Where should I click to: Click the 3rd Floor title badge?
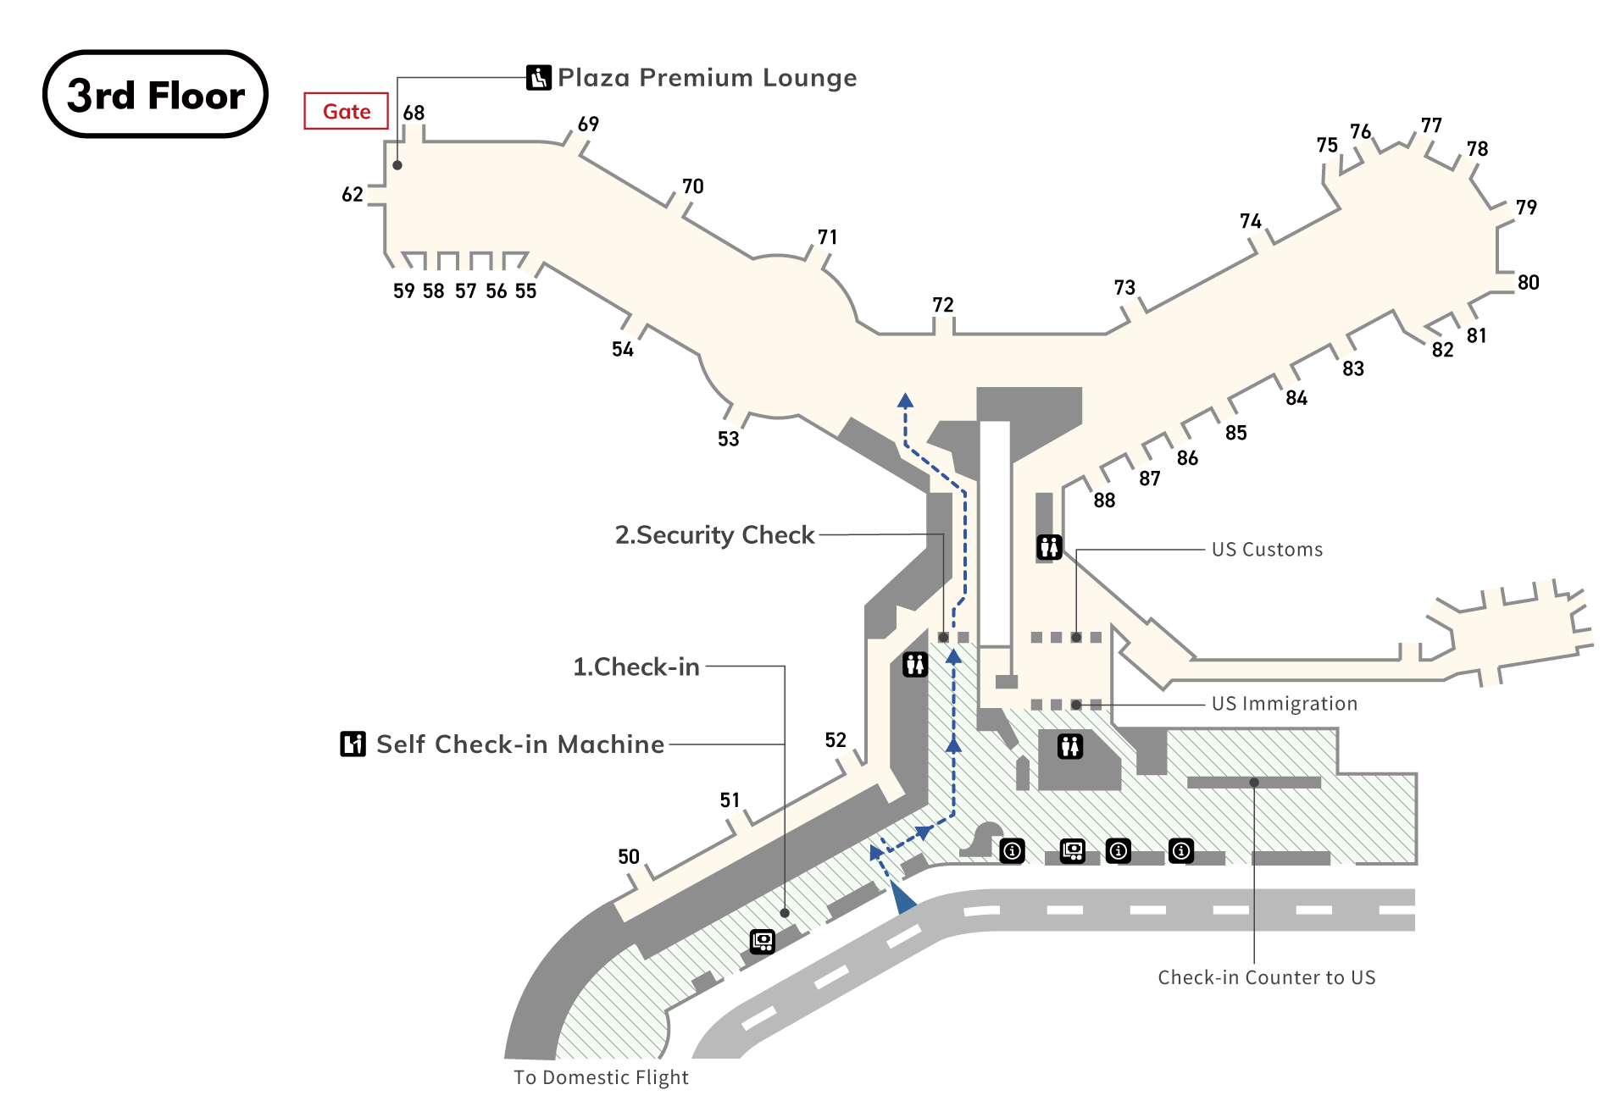pos(155,94)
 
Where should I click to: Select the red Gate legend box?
pos(346,111)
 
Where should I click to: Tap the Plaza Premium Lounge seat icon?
pos(539,78)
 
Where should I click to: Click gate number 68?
pos(414,113)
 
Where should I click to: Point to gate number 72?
pos(942,305)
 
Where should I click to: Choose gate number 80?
pos(1528,283)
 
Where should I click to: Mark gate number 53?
pos(728,439)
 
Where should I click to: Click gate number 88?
pos(1104,501)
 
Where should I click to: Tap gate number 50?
pos(628,856)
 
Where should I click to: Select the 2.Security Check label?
pos(714,535)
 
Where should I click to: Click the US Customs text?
pos(1266,550)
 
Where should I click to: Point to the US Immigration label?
pos(1284,704)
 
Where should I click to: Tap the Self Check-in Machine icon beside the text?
pos(353,744)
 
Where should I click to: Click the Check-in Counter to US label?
pos(1266,977)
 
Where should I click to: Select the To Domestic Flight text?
pos(601,1077)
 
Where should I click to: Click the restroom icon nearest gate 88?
pos(1049,547)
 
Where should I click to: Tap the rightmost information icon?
pos(1180,850)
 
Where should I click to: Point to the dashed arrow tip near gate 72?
pos(905,401)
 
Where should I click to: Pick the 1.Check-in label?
pos(636,667)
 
